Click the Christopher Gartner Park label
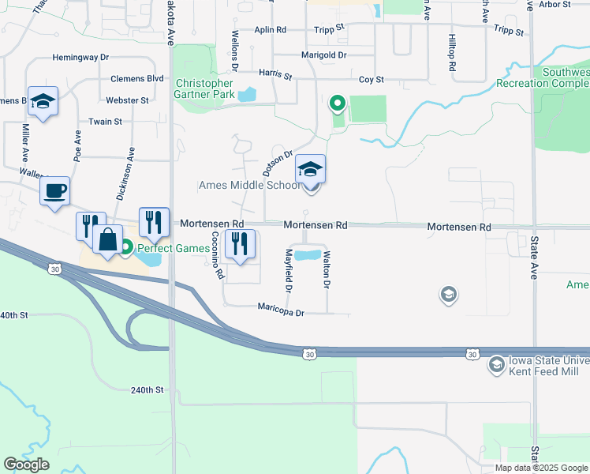coord(204,89)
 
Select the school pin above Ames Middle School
coord(311,170)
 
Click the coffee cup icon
coord(54,191)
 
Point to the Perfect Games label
coord(174,248)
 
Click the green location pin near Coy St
coord(338,103)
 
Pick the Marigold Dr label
coord(324,55)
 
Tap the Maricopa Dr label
coord(281,313)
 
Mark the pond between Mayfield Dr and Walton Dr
coord(308,256)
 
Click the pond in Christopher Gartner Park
coord(247,95)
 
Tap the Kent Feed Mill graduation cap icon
coord(496,364)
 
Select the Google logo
coord(26,465)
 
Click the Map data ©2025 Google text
coord(541,468)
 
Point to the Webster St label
coord(129,100)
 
